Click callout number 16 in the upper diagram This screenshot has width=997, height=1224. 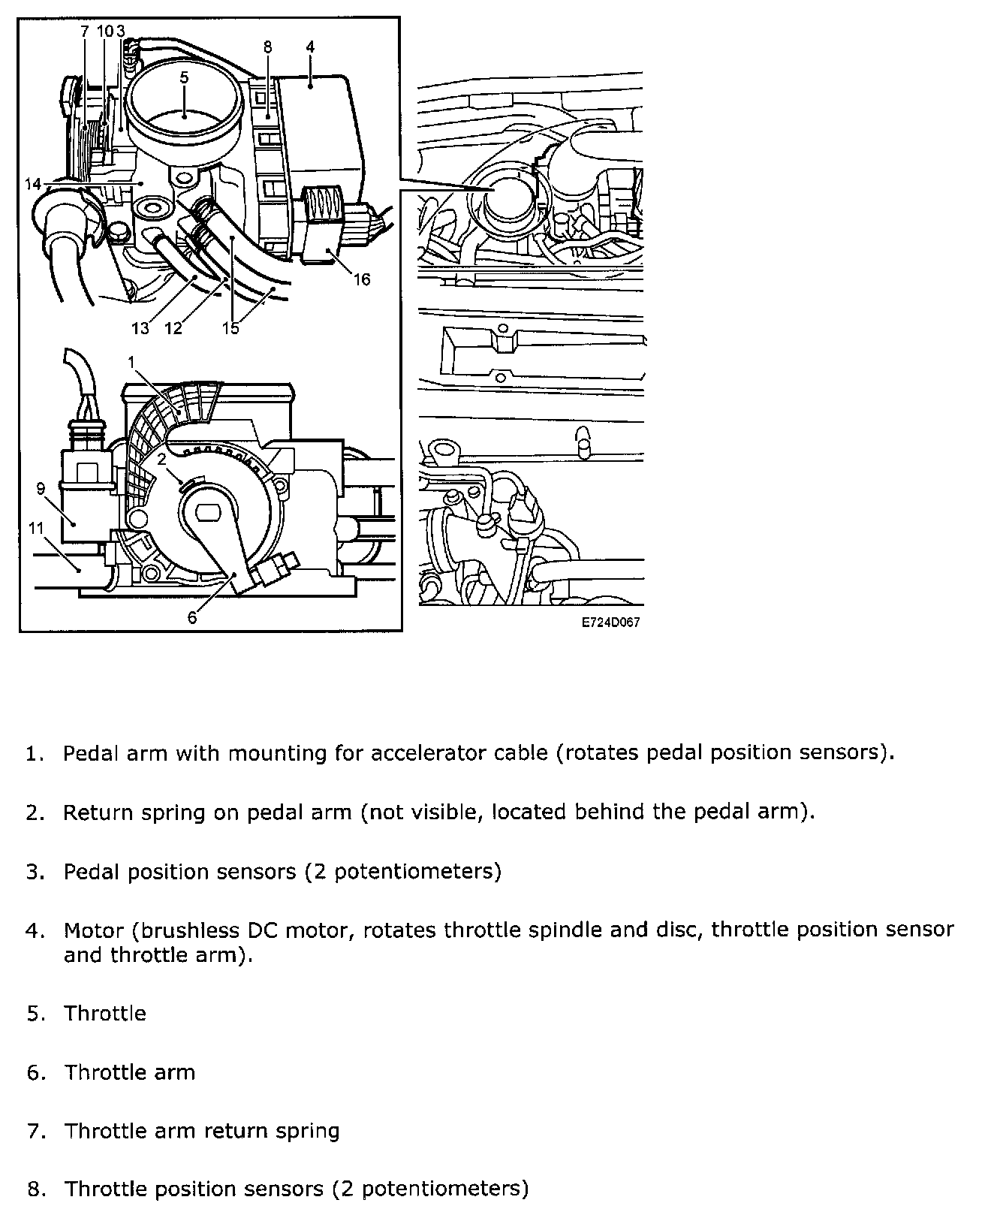(362, 280)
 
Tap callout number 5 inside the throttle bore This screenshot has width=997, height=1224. (184, 77)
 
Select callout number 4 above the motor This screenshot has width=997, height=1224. (310, 47)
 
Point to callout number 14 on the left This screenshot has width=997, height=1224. (32, 184)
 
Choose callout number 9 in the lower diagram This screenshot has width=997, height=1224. (41, 490)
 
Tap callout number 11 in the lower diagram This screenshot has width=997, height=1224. (37, 528)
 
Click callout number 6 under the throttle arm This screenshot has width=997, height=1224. (192, 617)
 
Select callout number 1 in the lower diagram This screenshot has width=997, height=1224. (131, 362)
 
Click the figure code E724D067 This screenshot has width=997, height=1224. (610, 623)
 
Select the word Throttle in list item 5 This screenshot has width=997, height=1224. (105, 1013)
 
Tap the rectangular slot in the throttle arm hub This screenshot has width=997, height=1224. (207, 513)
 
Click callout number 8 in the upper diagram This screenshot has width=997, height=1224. (267, 47)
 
